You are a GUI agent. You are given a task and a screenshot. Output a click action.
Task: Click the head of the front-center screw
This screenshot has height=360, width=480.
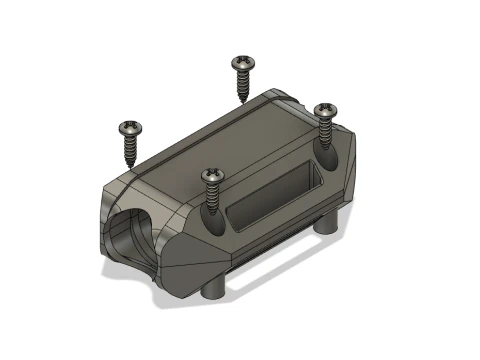point(212,175)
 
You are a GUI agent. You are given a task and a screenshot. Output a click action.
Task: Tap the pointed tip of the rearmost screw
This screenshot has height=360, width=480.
point(243,101)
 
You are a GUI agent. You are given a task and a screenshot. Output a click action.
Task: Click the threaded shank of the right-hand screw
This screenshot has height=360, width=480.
point(325,130)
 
